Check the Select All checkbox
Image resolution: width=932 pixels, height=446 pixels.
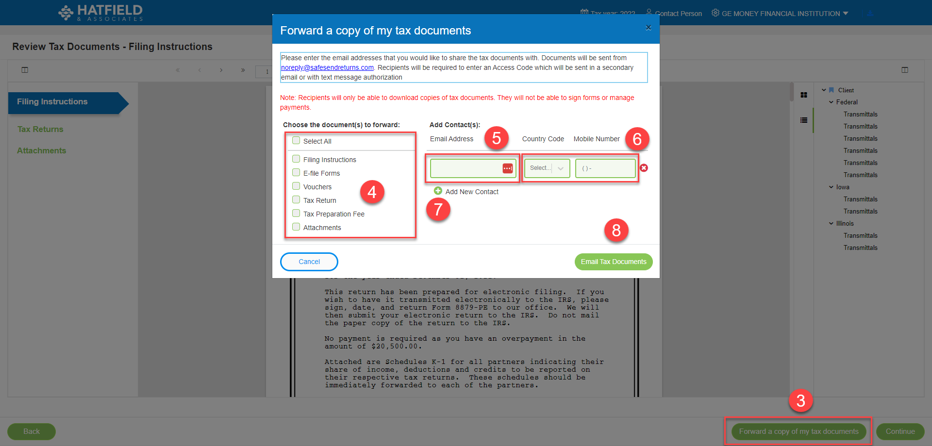pyautogui.click(x=296, y=141)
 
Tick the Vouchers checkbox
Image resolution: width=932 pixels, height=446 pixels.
pyautogui.click(x=296, y=186)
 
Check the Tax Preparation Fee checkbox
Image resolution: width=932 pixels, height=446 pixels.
pyautogui.click(x=296, y=214)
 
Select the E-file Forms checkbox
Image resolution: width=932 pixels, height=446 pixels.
pyautogui.click(x=296, y=173)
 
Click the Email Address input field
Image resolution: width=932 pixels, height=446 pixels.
pyautogui.click(x=465, y=168)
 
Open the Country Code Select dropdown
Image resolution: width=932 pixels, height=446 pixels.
pyautogui.click(x=547, y=168)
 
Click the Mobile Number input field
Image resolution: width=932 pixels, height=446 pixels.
pyautogui.click(x=605, y=168)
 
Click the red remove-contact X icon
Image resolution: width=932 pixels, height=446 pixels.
pyautogui.click(x=644, y=168)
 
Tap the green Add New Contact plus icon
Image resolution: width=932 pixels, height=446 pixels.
pyautogui.click(x=438, y=191)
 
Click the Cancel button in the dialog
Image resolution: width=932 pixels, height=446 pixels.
pyautogui.click(x=309, y=262)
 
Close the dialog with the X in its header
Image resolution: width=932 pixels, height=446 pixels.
pyautogui.click(x=649, y=28)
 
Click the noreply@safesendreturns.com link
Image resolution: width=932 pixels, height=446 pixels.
pyautogui.click(x=327, y=67)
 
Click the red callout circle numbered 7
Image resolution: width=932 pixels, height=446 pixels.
pyautogui.click(x=438, y=210)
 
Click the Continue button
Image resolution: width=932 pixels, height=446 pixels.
pyautogui.click(x=900, y=431)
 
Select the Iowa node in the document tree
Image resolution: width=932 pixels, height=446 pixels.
pyautogui.click(x=843, y=187)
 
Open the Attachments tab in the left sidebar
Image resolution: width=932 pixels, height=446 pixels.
pyautogui.click(x=42, y=150)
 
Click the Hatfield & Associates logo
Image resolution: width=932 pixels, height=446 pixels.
pyautogui.click(x=100, y=13)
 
